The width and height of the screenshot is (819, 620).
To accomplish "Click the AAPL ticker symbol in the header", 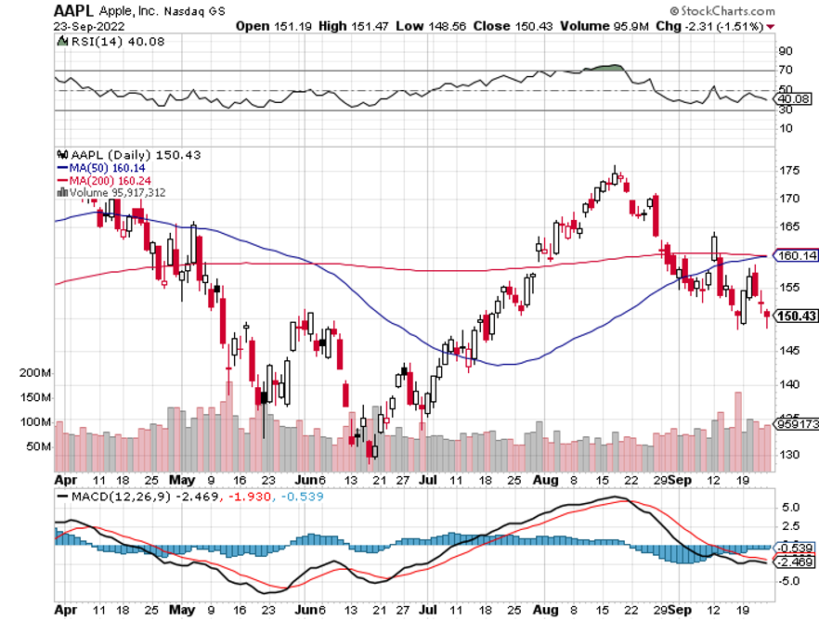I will coord(75,10).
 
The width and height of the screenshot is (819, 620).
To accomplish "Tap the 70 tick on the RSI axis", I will coord(786,71).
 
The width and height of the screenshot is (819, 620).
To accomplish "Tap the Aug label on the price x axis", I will coord(546,481).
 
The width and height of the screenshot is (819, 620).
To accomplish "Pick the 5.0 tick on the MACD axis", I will coord(789,509).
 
